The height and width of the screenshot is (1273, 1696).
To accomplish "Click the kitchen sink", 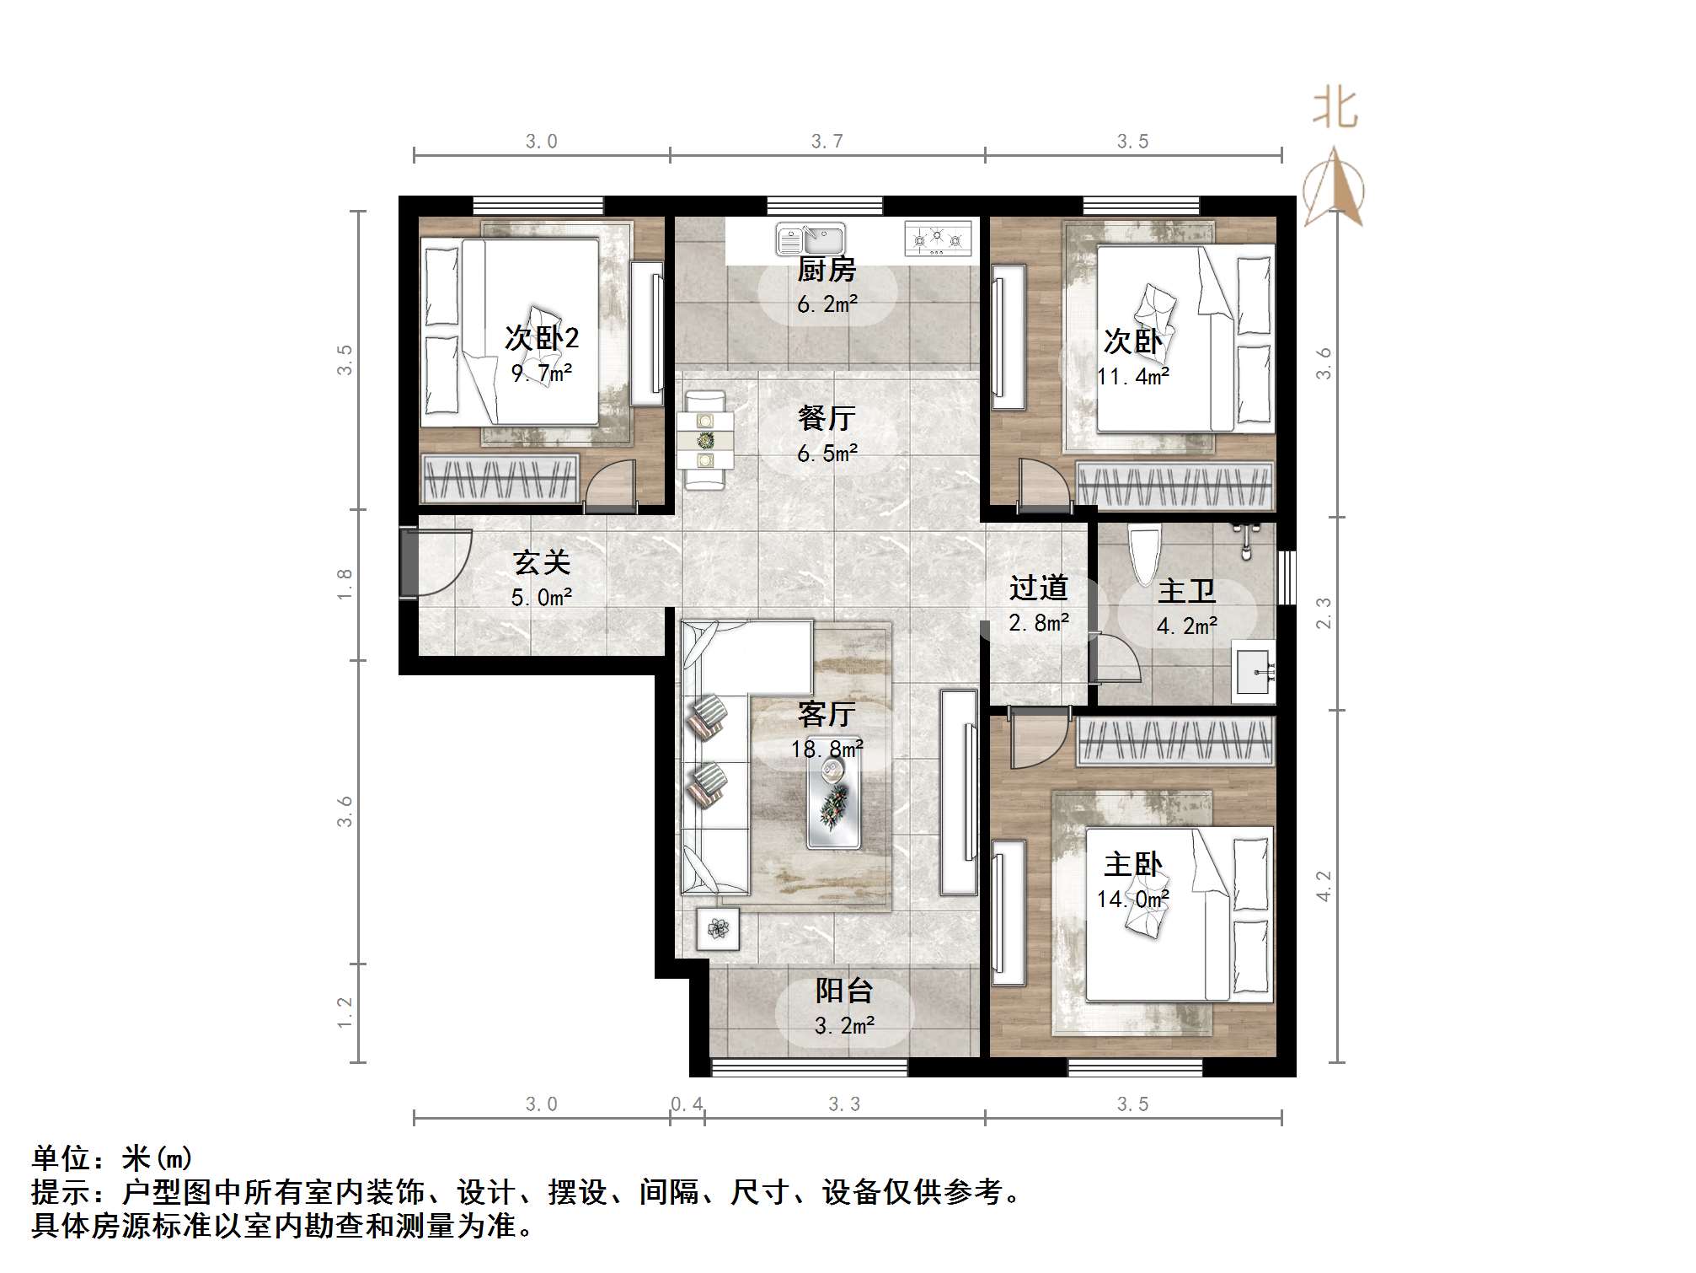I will [810, 239].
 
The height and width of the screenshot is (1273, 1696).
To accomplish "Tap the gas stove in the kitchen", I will [937, 239].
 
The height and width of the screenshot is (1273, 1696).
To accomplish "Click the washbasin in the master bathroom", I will [1255, 671].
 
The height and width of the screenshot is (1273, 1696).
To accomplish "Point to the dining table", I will [706, 441].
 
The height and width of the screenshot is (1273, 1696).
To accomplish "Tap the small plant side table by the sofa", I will [718, 929].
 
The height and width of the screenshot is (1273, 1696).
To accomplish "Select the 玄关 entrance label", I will [542, 562].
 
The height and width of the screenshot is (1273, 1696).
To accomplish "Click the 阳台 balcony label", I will [843, 991].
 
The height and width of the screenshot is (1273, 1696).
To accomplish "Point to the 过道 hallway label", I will [1039, 587].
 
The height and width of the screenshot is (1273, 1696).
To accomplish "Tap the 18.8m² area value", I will [827, 749].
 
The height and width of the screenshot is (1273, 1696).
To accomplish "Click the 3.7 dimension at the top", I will [827, 142].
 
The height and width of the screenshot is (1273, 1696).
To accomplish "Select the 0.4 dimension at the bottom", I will [687, 1104].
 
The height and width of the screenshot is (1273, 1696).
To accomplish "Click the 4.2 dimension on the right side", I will [1324, 886].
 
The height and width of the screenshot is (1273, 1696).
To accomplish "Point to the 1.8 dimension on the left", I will [345, 584].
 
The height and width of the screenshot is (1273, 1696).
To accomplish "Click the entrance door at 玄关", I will [409, 562].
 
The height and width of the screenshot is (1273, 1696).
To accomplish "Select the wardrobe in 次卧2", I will [500, 479].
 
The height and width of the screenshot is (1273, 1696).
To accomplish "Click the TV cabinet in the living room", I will [959, 792].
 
